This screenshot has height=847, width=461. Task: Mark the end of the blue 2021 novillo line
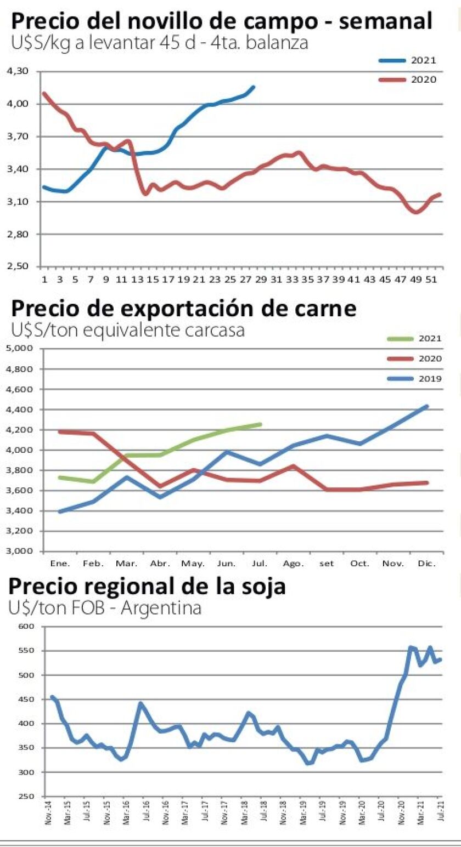pos(253,87)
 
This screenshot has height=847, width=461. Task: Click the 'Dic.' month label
pos(426,564)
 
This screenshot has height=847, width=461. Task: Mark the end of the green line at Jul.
pos(260,424)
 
